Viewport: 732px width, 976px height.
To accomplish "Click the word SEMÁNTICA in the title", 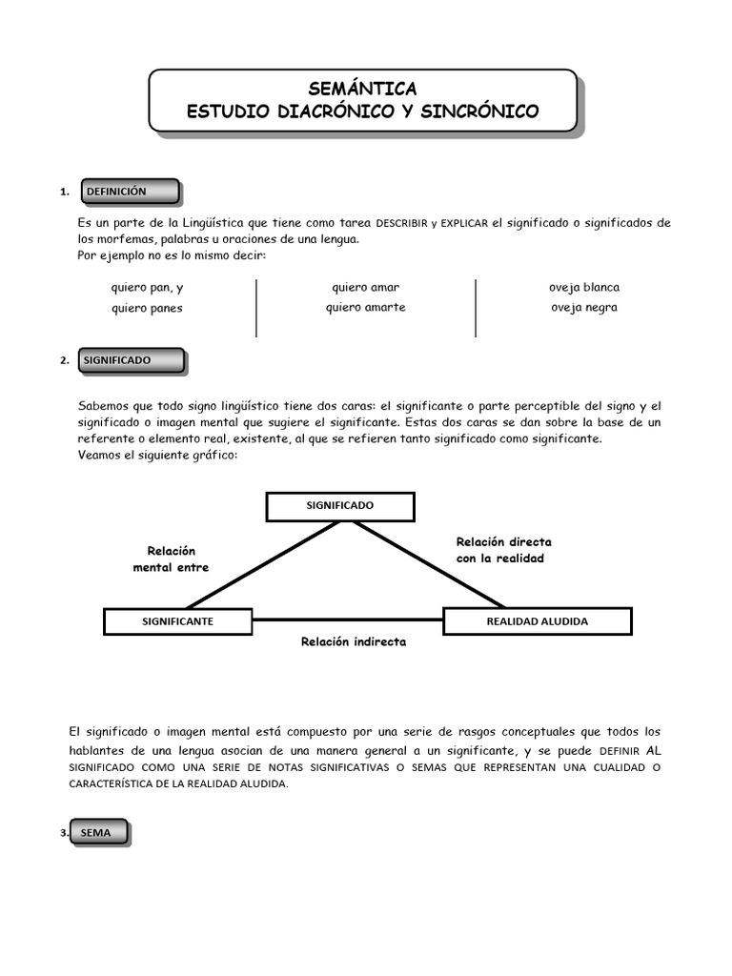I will click(x=362, y=89).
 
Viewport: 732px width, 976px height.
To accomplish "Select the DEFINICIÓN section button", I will click(x=130, y=192).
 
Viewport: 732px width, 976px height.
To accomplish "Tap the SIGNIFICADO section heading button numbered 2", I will click(x=132, y=360).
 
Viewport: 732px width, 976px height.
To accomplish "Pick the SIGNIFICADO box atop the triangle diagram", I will click(x=340, y=506).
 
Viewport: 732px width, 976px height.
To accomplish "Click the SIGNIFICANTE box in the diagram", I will click(x=177, y=621).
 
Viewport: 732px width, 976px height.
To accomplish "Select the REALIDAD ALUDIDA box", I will click(x=537, y=621).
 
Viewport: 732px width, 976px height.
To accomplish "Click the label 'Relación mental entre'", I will click(x=171, y=559).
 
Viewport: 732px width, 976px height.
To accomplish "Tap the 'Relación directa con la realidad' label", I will click(x=503, y=550).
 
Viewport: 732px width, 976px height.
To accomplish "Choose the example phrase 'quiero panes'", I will click(x=147, y=308).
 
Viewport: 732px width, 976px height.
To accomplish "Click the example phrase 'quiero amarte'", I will click(x=365, y=307).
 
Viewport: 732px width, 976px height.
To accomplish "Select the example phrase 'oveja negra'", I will click(x=583, y=307).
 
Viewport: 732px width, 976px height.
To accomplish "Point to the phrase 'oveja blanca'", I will click(x=583, y=287).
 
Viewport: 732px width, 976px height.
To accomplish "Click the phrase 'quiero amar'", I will click(x=365, y=287).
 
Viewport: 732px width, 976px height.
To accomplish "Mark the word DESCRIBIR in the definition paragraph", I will click(x=402, y=223).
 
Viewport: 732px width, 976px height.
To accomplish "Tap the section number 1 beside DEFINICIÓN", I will click(x=63, y=193).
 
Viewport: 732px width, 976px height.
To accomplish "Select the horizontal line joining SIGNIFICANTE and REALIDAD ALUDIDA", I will click(x=347, y=620).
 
